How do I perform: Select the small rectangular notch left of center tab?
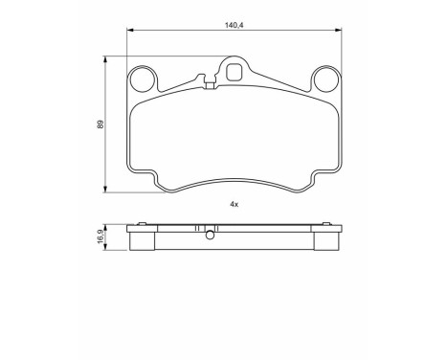209,86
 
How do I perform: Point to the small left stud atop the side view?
142,225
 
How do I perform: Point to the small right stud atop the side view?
327,225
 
